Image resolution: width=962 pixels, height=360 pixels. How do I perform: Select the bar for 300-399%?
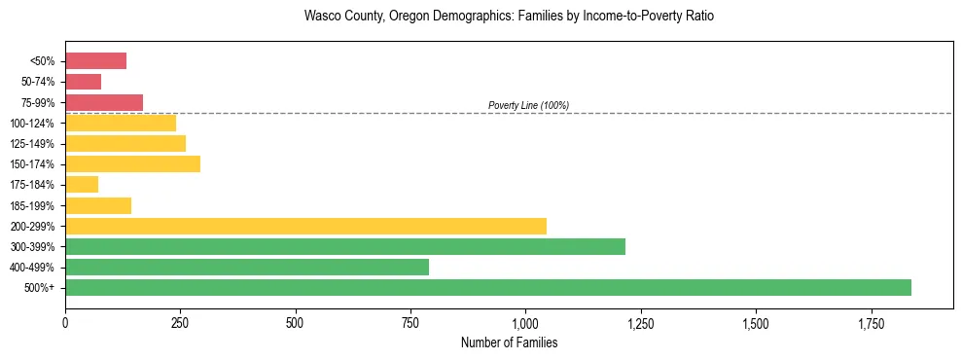(x=345, y=246)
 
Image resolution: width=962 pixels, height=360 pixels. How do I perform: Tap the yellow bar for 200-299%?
(x=305, y=226)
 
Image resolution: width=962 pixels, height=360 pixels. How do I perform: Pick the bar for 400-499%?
(x=247, y=267)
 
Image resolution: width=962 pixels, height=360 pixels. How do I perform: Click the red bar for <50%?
(x=95, y=61)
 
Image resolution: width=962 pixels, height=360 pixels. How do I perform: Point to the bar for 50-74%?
(x=83, y=82)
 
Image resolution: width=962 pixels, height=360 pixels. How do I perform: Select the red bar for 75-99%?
(x=104, y=102)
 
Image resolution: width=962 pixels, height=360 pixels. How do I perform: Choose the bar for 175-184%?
(x=82, y=185)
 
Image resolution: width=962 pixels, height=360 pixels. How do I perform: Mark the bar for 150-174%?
(x=132, y=163)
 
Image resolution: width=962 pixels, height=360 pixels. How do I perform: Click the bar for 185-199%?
(x=98, y=205)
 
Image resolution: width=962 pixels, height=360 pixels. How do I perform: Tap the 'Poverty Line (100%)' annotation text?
(x=528, y=105)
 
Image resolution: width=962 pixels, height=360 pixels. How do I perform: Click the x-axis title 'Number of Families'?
(x=509, y=342)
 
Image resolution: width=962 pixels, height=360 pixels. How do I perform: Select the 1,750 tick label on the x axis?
(x=756, y=322)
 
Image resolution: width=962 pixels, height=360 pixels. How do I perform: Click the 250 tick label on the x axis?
(x=180, y=322)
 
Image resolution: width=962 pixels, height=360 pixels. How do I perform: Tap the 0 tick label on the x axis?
(x=65, y=322)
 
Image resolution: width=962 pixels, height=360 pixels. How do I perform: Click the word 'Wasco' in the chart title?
(x=322, y=17)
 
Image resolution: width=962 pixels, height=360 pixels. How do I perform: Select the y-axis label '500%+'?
(x=40, y=288)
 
